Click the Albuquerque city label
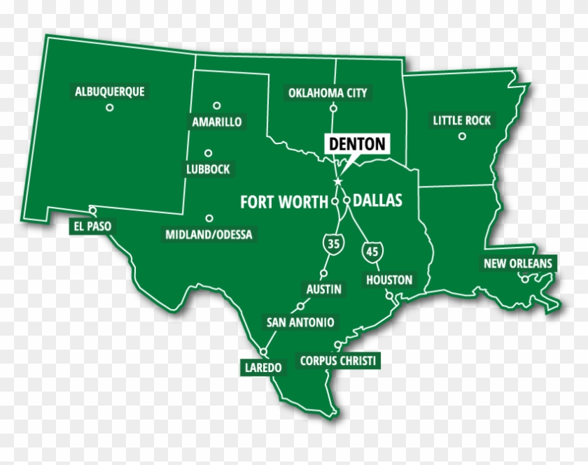click(x=109, y=91)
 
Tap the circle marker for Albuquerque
click(x=109, y=107)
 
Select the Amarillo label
click(x=217, y=122)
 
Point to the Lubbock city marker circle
click(x=208, y=153)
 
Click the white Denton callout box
click(x=357, y=144)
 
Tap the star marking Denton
click(x=338, y=182)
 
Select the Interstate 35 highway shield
click(x=332, y=244)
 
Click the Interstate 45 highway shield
click(x=370, y=250)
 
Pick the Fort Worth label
click(x=284, y=202)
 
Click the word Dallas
click(x=378, y=201)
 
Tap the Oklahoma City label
click(x=328, y=92)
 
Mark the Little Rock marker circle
click(x=462, y=136)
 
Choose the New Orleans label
click(x=518, y=264)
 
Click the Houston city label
click(x=389, y=280)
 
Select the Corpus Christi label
click(x=338, y=361)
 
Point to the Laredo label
click(x=261, y=367)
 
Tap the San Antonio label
click(x=300, y=322)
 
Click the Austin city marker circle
click(x=324, y=273)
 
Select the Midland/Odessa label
click(x=209, y=234)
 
